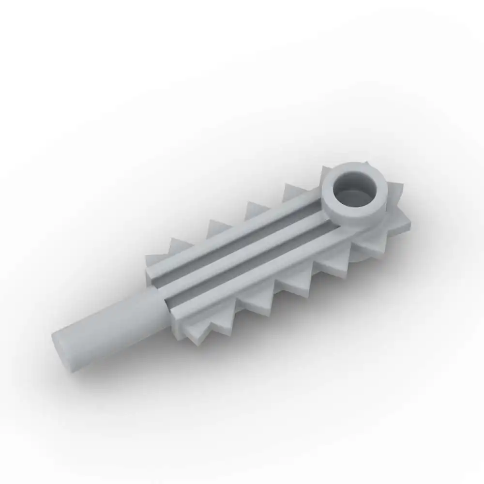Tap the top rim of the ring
(356, 167)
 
